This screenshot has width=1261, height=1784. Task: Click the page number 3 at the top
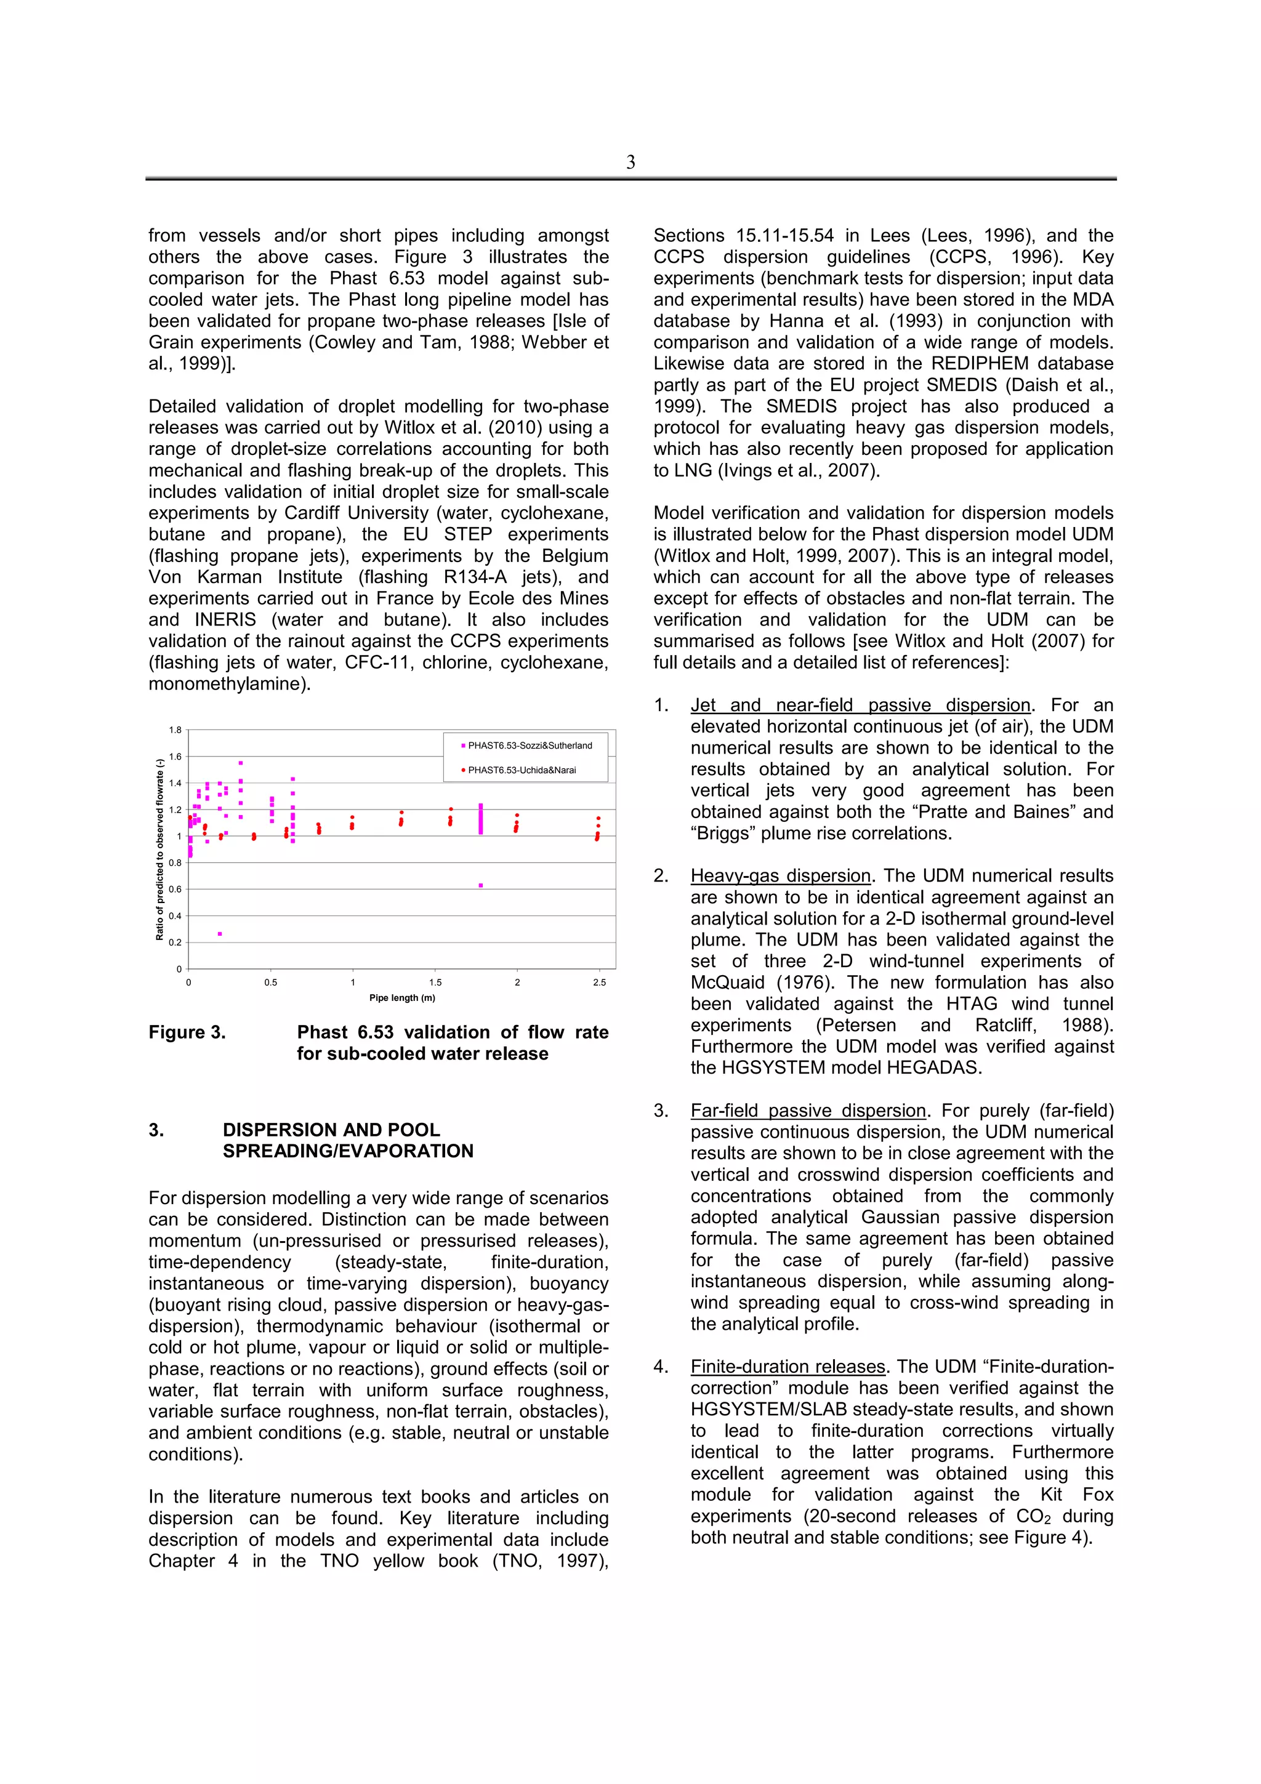pyautogui.click(x=630, y=163)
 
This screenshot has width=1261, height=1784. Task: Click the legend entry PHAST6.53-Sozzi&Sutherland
pyautogui.click(x=529, y=745)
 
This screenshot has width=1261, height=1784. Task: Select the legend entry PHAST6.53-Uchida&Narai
pyautogui.click(x=522, y=770)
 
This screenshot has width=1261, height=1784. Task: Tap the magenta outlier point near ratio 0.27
pyautogui.click(x=220, y=934)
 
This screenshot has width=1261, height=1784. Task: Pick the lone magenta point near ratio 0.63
pyautogui.click(x=481, y=885)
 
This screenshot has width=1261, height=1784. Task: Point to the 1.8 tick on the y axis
pyautogui.click(x=175, y=730)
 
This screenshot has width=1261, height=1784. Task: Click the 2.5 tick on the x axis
pyautogui.click(x=599, y=982)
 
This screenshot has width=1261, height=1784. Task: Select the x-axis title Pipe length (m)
pyautogui.click(x=401, y=998)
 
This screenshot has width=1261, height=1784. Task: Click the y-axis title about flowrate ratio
pyautogui.click(x=160, y=848)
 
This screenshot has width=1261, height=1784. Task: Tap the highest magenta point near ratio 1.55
pyautogui.click(x=241, y=763)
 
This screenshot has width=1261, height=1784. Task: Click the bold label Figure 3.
pyautogui.click(x=187, y=1032)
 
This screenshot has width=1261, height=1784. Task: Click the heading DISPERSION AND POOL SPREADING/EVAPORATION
pyautogui.click(x=347, y=1140)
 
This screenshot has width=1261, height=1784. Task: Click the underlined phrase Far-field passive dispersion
pyautogui.click(x=808, y=1111)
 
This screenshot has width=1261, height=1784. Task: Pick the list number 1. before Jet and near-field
pyautogui.click(x=661, y=705)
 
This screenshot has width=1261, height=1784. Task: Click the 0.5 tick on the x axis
pyautogui.click(x=270, y=982)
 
